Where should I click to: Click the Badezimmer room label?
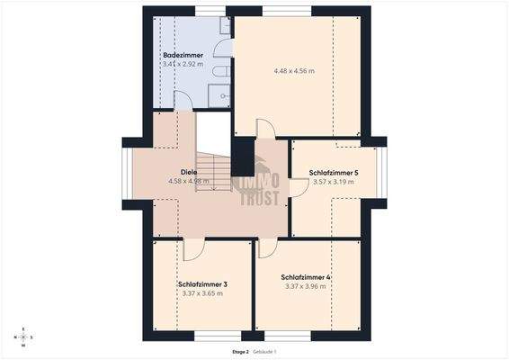point(183,55)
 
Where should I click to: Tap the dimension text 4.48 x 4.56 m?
point(294,70)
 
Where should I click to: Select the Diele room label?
point(189,172)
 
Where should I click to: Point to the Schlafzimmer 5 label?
point(334,172)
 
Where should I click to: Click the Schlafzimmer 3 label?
point(201,284)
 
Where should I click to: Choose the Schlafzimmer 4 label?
point(306,277)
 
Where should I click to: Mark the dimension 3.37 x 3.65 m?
point(201,293)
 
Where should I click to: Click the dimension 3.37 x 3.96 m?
point(307,287)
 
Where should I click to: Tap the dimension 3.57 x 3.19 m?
point(333,182)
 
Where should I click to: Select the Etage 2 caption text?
point(240,351)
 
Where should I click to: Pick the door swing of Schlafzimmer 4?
point(267,249)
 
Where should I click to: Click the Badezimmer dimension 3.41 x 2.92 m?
point(183,65)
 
